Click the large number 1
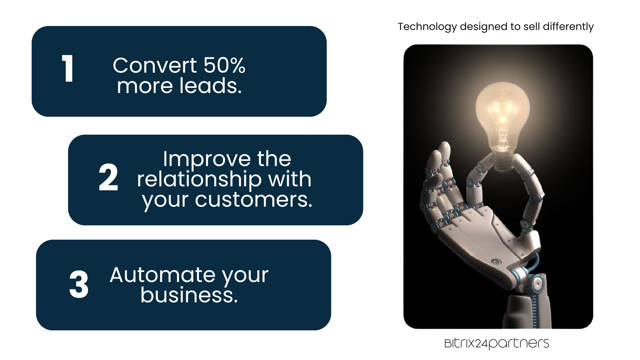pyautogui.click(x=68, y=68)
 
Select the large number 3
pyautogui.click(x=79, y=284)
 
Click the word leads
pyautogui.click(x=210, y=86)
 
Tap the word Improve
pyautogui.click(x=207, y=159)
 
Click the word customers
pyautogui.click(x=254, y=200)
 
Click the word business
pyautogui.click(x=189, y=295)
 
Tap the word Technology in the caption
pyautogui.click(x=427, y=27)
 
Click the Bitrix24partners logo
pyautogui.click(x=497, y=343)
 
